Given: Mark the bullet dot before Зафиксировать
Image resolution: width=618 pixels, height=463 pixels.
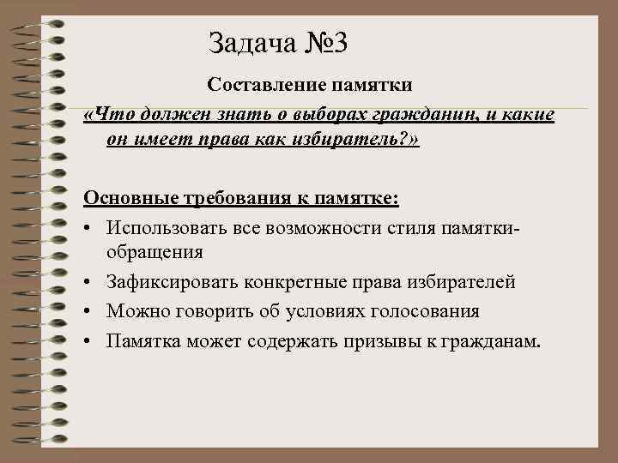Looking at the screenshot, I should point(89,281).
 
